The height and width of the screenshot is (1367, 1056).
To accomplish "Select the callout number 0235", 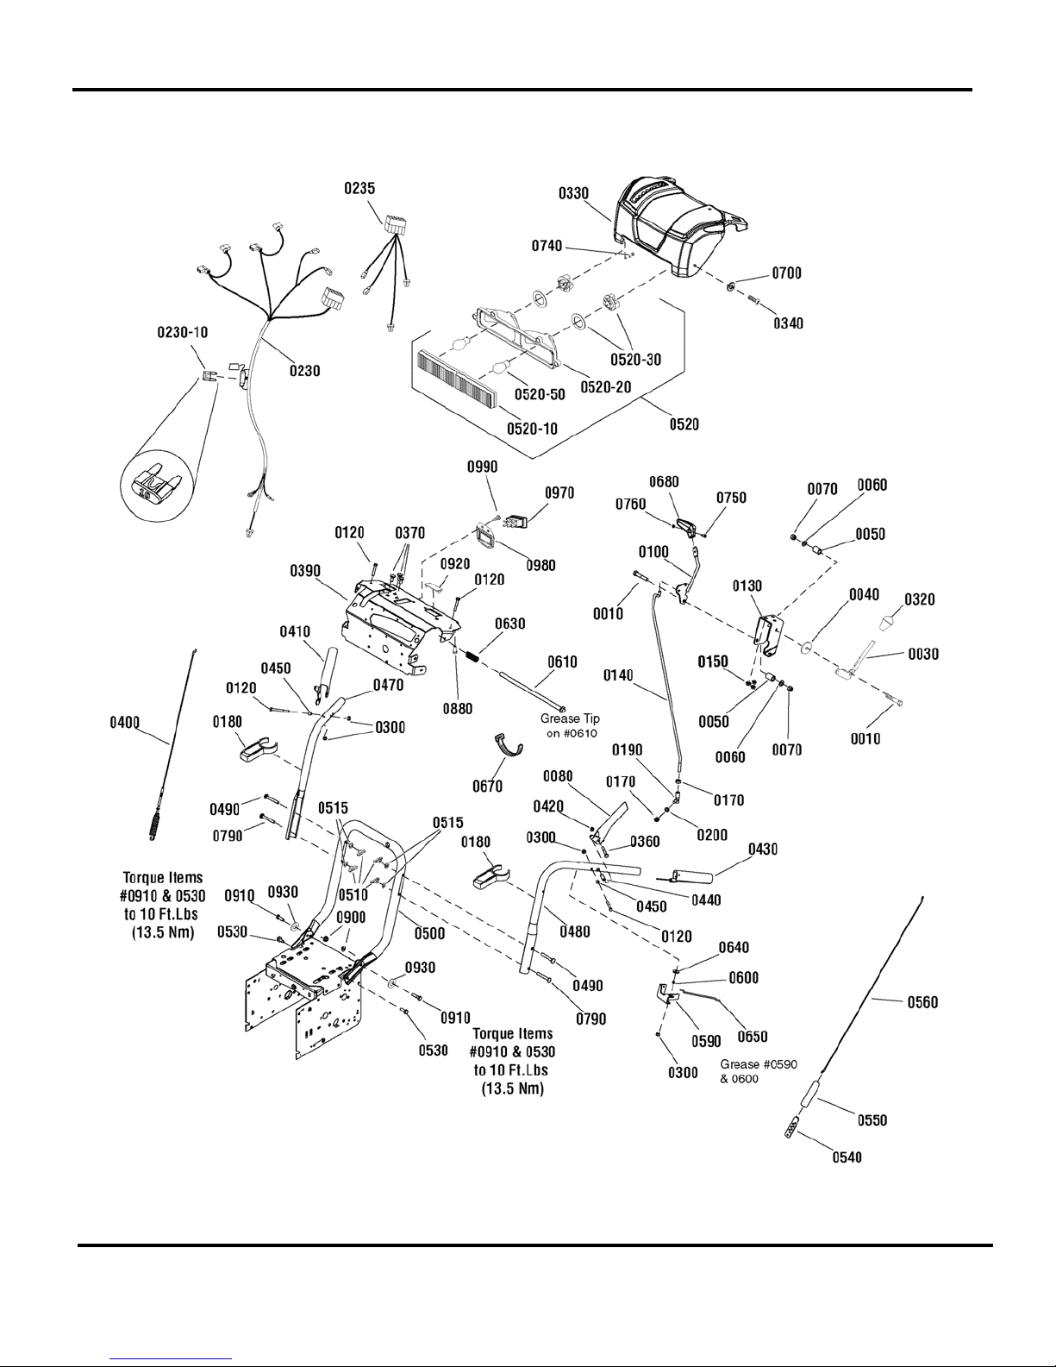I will [359, 189].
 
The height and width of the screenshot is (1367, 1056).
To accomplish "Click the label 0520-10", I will [532, 429].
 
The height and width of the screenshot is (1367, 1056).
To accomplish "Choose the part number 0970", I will [559, 492].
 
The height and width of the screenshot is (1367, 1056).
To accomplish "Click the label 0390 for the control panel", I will [307, 572].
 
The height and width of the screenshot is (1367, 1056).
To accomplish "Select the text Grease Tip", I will [570, 718].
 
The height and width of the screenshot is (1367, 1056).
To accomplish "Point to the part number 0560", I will [921, 1002].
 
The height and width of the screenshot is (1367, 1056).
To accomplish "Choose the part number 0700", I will [786, 273].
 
